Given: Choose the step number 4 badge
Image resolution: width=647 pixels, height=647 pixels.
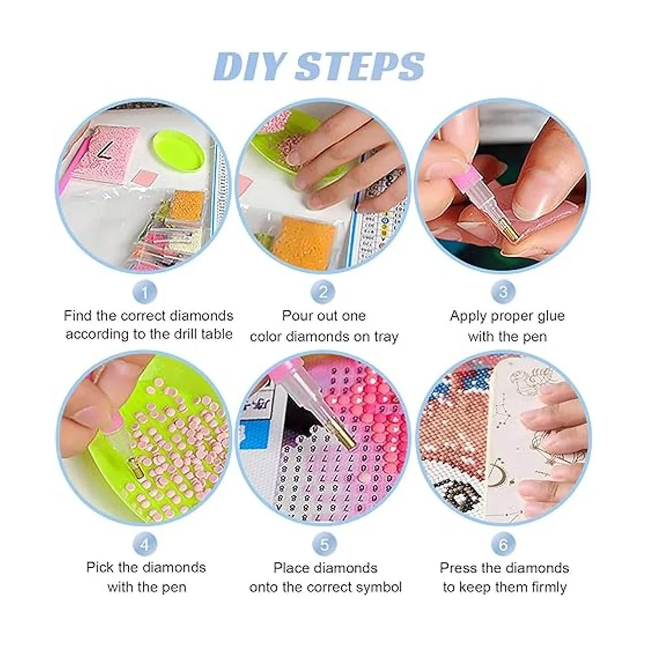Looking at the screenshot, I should tap(144, 545).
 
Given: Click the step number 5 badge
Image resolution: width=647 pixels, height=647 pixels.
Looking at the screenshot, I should tap(323, 545).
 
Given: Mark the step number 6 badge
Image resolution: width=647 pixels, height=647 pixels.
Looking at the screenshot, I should tap(503, 545).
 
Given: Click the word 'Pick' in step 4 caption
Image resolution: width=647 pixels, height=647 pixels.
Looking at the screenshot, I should tap(100, 568).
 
